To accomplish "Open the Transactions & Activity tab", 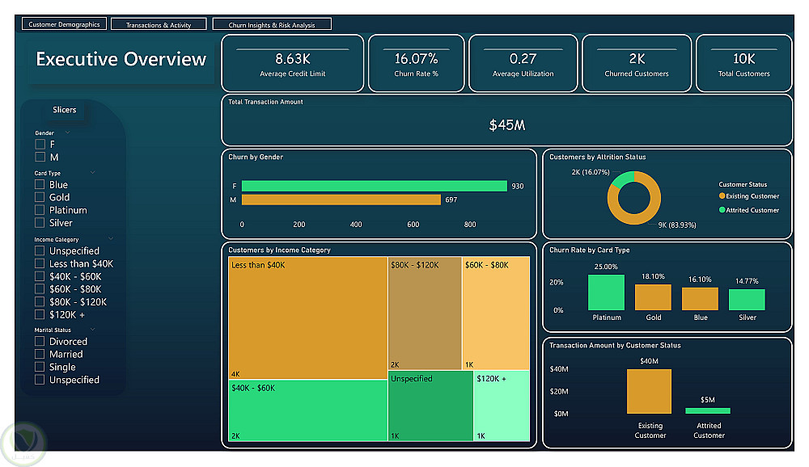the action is click(159, 24).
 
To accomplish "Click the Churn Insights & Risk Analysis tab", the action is click(271, 24).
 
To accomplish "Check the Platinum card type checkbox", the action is click(40, 210).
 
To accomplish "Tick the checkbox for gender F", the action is click(40, 144).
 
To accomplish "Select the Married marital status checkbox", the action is click(40, 354).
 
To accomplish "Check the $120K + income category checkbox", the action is click(40, 314).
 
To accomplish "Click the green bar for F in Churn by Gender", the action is click(374, 186).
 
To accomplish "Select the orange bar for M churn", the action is click(341, 200).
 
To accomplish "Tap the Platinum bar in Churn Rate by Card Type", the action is click(606, 292).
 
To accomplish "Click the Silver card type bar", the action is click(747, 300).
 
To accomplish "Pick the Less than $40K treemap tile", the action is click(307, 318).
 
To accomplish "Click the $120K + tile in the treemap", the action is click(502, 406).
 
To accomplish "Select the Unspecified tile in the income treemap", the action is click(430, 406).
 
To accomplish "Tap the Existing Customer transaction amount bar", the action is click(649, 391).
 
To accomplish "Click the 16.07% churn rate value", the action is click(416, 59).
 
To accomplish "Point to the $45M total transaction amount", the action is click(507, 125).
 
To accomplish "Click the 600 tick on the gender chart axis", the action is click(413, 225).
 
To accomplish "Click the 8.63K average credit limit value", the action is click(293, 59).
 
